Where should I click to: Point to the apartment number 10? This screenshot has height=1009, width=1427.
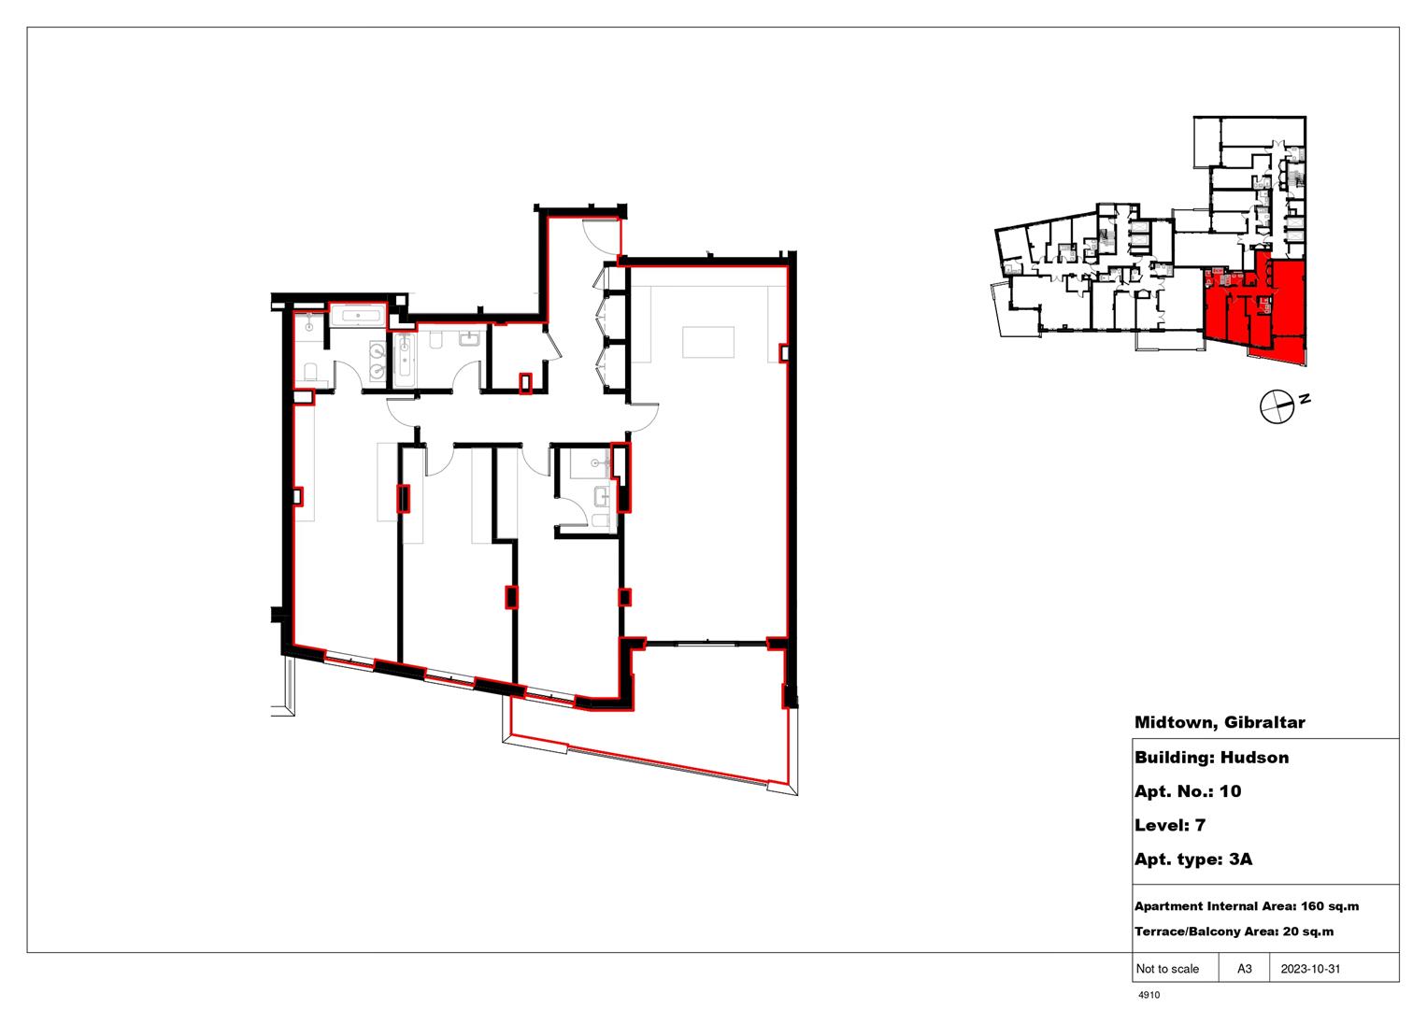1231,791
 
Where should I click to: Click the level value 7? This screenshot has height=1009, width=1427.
1200,825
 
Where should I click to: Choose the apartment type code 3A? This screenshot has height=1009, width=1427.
1240,860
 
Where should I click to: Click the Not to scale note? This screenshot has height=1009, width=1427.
1167,969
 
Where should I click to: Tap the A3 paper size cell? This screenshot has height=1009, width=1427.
1245,969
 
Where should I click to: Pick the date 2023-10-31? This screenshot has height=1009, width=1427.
1309,969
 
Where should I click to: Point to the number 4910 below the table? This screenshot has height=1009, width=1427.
1149,995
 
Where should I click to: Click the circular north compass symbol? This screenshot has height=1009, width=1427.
1276,406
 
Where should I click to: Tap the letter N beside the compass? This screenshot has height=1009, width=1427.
1306,399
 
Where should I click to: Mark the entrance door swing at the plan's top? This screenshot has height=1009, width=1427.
601,234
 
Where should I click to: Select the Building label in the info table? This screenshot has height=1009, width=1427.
1167,758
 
